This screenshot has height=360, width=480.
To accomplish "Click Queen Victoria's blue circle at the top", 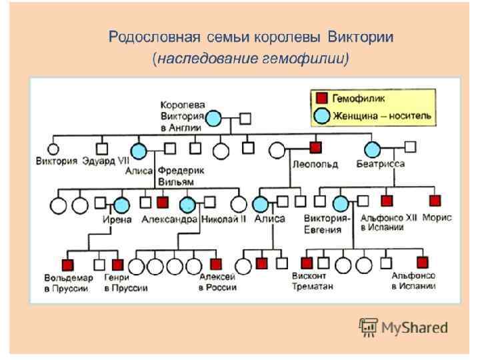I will coord(213,119).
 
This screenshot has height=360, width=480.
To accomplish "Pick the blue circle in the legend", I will coord(321,115).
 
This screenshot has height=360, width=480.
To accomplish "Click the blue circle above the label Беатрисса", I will coord(372,150).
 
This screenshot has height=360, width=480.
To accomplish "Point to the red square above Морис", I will coord(435,200).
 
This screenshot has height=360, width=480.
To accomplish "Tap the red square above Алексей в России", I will coord(215,263).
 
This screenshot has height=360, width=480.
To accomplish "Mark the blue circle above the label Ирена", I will coord(121,205).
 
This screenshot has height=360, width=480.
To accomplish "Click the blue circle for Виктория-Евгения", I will coord(341,205).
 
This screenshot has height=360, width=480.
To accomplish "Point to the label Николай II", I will coord(225,219).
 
